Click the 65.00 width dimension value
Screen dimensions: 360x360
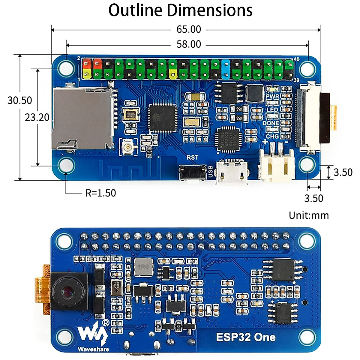189,29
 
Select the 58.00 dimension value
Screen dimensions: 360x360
189,44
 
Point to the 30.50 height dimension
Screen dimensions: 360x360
19,100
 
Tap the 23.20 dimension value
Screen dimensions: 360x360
37,117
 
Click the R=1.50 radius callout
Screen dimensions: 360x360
100,193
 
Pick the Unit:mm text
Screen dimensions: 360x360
309,215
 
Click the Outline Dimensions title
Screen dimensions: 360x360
180,10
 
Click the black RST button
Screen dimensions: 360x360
192,172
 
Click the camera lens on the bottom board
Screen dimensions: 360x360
68,291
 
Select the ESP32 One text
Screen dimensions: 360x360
246,337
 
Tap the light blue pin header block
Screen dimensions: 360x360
226,69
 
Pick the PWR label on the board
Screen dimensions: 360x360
272,96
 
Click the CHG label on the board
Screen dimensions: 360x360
272,136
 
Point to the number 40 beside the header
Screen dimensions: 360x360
296,59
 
